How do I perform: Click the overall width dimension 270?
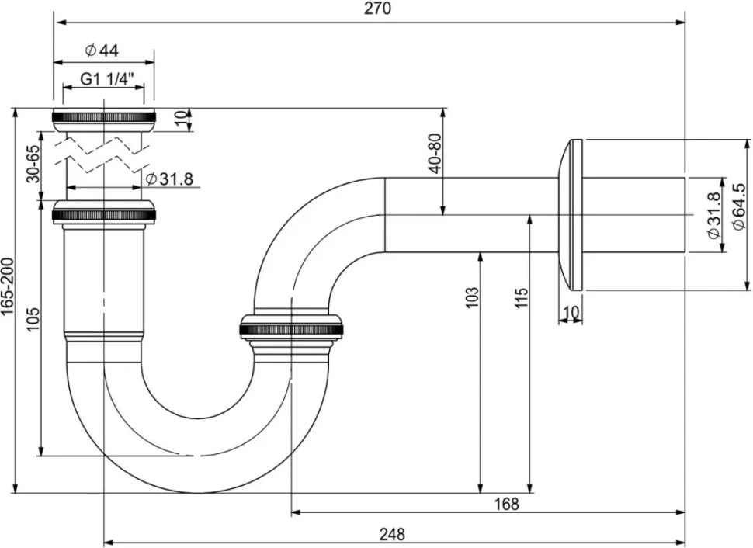(x=377, y=9)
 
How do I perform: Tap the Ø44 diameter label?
(x=102, y=50)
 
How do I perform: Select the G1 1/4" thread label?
(x=106, y=78)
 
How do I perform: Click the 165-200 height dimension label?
(x=9, y=287)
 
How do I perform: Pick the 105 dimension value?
(x=33, y=318)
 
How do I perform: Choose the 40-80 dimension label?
(x=435, y=153)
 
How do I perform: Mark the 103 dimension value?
(x=472, y=297)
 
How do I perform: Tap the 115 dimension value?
(x=521, y=297)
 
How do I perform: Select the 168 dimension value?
(x=507, y=504)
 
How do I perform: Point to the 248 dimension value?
(x=392, y=533)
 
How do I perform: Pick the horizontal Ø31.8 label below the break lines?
(x=169, y=179)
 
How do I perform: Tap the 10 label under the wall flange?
(x=571, y=312)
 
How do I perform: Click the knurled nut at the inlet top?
(x=104, y=120)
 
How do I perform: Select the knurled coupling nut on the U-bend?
(x=291, y=329)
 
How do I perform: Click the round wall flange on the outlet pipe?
(x=570, y=214)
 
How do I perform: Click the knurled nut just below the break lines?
(x=104, y=213)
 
